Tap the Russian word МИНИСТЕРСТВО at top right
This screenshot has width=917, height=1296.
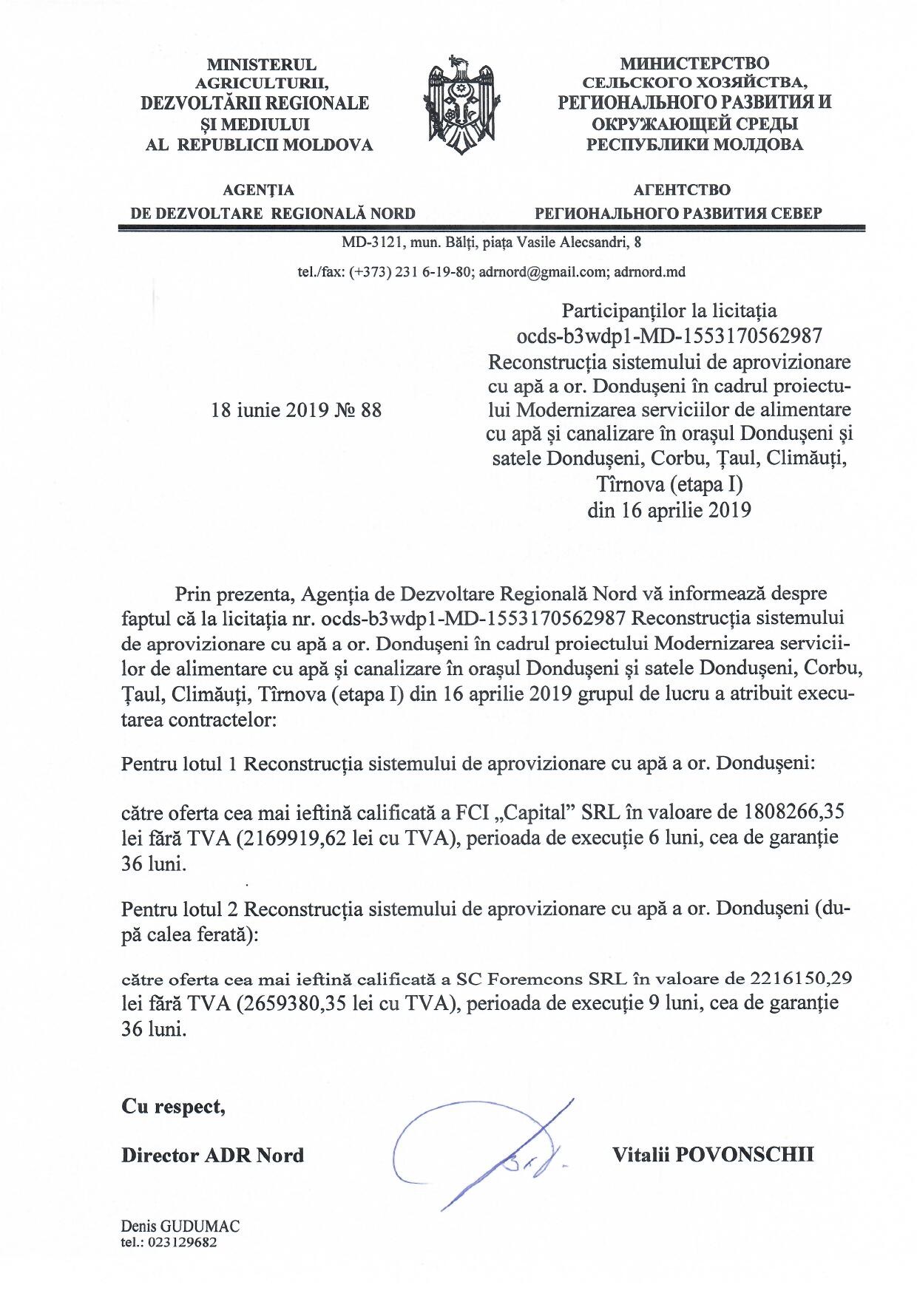694,64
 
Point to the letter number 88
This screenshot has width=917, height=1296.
371,410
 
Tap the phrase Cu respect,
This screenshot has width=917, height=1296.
173,1107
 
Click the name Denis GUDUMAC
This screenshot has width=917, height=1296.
181,1226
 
